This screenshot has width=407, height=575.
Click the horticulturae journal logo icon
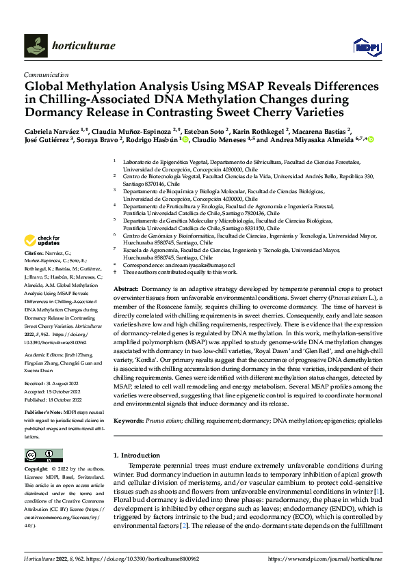coord(36,46)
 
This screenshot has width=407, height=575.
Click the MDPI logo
coord(366,46)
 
